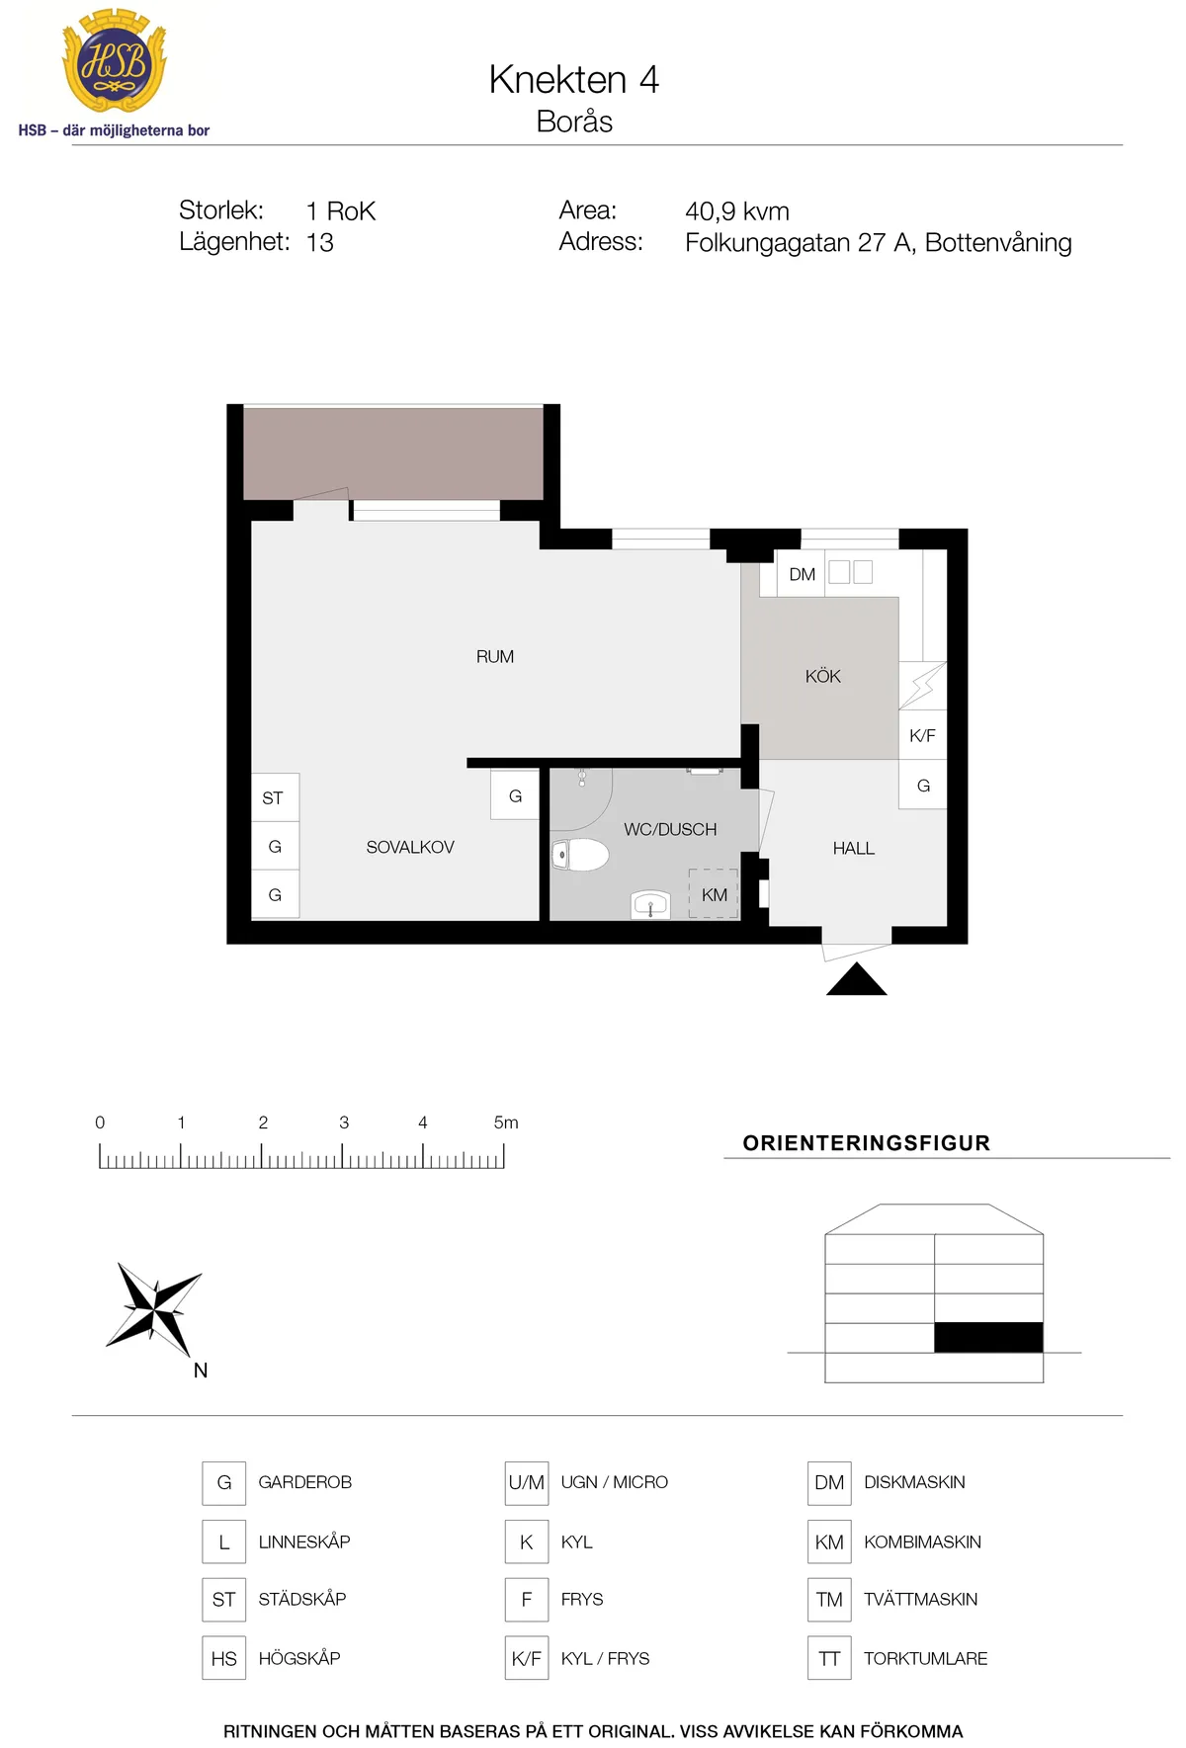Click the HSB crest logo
point(115,61)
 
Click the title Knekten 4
point(573,80)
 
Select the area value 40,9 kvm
point(737,211)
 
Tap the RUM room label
point(495,657)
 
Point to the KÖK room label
point(822,676)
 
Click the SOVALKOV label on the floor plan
point(410,848)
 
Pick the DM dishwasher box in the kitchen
point(802,574)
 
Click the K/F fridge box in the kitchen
point(922,735)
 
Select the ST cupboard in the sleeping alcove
point(275,797)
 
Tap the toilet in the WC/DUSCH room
point(580,854)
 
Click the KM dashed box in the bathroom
point(714,894)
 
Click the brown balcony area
point(393,454)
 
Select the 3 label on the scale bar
point(344,1123)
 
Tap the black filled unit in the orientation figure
point(988,1337)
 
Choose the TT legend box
point(829,1658)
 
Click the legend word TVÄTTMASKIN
point(920,1600)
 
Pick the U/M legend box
point(527,1483)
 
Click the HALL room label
point(854,849)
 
